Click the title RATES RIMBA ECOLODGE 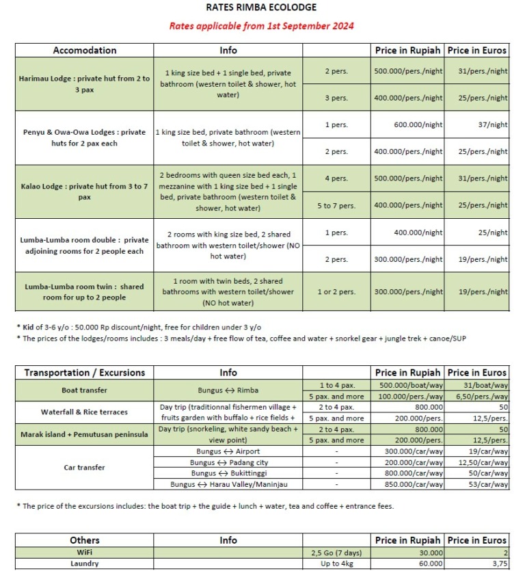[262, 8]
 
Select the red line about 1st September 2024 [262, 27]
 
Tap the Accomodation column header [85, 50]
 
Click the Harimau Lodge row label [85, 84]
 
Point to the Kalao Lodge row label [85, 191]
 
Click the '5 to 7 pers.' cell [336, 205]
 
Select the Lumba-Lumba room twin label [85, 292]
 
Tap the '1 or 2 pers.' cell [336, 292]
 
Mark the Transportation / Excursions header [85, 373]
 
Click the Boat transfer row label [85, 390]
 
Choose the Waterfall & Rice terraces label [85, 412]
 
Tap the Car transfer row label [85, 468]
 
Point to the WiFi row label [85, 552]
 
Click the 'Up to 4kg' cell [336, 563]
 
